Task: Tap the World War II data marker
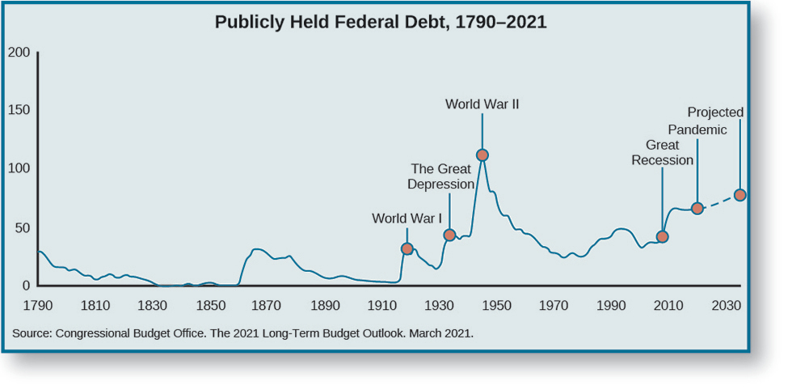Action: pos(482,155)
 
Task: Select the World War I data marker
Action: pos(407,248)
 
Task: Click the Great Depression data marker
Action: pos(450,235)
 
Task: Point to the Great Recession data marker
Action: pos(663,236)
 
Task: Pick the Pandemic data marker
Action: pos(697,208)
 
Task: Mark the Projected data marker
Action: pos(740,195)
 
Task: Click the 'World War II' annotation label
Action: pos(482,104)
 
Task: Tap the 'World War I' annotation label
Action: pos(407,218)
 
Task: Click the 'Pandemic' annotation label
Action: pos(697,129)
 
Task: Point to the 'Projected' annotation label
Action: pos(715,112)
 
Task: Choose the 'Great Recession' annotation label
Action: pos(662,152)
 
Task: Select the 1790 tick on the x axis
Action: pos(38,306)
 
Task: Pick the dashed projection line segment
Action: pos(718,201)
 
